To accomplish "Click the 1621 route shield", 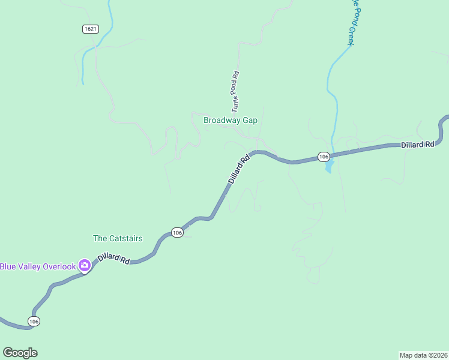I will [90, 29].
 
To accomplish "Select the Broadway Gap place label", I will [230, 120].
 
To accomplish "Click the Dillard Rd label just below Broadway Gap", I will [239, 170].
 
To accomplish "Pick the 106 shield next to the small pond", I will [324, 157].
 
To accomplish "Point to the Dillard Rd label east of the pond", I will [417, 145].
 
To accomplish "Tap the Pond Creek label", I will [352, 24].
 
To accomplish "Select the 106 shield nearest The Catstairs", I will [176, 232].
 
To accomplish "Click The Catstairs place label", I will [118, 238].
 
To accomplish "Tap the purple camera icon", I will [85, 265].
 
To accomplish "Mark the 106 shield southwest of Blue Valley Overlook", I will [34, 322].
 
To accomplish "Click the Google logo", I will [20, 353].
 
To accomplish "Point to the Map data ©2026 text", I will [423, 355].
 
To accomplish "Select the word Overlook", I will [59, 266].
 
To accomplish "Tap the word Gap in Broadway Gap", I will [250, 120].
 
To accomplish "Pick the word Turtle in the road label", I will [236, 103].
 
